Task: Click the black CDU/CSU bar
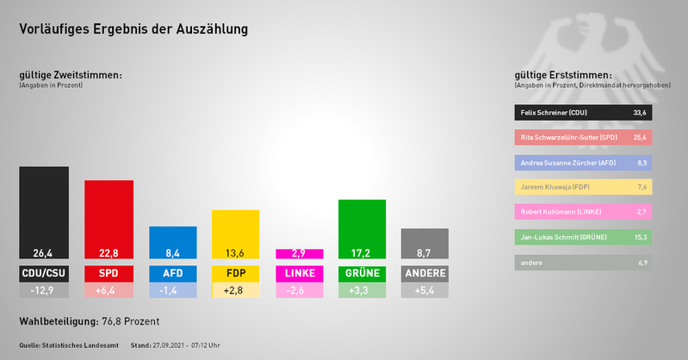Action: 44,211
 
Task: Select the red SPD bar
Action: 108,218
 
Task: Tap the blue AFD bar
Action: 172,241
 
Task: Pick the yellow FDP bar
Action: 235,233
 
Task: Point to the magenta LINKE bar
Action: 299,254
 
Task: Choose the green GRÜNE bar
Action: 363,228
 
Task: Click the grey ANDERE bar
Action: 425,243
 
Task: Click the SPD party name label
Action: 108,274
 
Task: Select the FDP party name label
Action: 235,274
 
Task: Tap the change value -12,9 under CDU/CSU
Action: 44,291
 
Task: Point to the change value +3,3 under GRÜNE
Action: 363,291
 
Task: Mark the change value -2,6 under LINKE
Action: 299,291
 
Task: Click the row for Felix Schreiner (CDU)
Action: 582,112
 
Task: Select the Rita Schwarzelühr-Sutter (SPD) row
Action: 582,137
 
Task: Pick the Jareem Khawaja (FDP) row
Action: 582,187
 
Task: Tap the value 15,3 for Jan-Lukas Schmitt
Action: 640,237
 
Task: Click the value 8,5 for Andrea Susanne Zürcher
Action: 640,162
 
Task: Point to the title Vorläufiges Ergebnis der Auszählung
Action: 133,29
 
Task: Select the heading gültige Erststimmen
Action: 562,76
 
